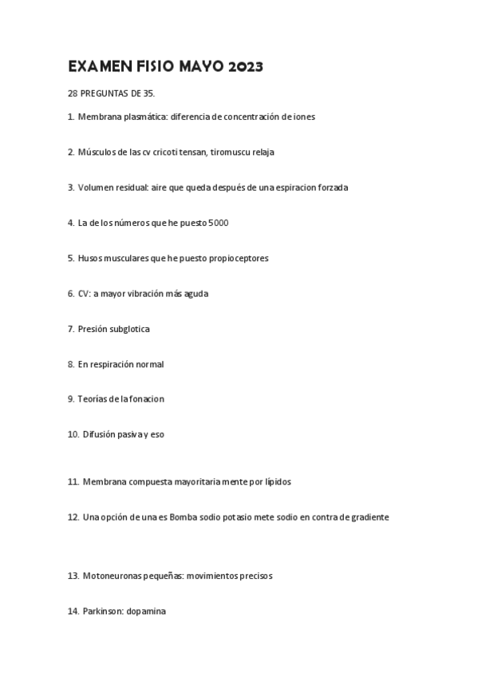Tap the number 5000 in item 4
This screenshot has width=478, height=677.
click(217, 223)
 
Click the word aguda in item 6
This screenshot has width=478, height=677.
click(196, 294)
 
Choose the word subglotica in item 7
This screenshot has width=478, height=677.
click(128, 329)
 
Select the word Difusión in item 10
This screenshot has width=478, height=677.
click(100, 434)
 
